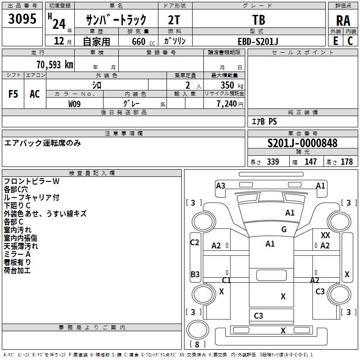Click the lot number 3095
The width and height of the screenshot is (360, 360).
point(22,19)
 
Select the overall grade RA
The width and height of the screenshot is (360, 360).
point(343,20)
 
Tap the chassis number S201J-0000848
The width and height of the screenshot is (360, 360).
point(302,143)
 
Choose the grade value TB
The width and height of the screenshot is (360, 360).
point(259,20)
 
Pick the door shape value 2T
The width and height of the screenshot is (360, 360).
point(175,20)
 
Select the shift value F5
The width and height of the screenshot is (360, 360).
point(13,94)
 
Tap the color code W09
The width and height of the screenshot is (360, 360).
point(75,103)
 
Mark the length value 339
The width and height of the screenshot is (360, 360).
point(272,162)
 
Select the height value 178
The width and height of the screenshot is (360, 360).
point(346,162)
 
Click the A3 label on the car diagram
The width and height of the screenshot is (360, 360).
point(220,185)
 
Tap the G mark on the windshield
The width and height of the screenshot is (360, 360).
point(283,229)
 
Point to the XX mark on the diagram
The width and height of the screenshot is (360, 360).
point(325,235)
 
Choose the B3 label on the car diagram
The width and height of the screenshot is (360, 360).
point(195,274)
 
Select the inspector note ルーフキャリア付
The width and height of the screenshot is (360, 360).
point(31,197)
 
